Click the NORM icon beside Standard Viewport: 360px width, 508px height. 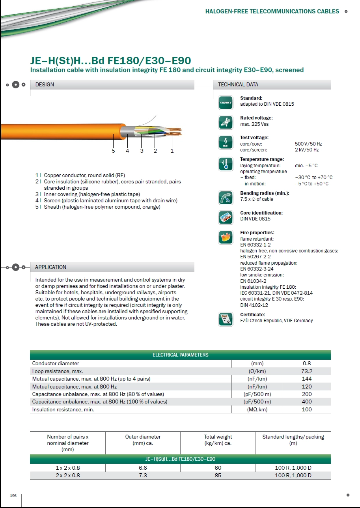226,103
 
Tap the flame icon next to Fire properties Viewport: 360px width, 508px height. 226,237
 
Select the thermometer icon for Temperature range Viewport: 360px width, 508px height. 226,164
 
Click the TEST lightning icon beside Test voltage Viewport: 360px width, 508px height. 226,142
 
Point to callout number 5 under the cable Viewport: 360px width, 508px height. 113,150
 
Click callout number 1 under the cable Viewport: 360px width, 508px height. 172,150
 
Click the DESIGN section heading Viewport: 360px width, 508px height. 45,84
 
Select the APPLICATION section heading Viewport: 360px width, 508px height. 50,267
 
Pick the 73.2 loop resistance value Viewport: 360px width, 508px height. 306,371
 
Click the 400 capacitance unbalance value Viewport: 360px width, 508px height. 306,402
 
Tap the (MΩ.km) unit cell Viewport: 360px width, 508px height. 257,409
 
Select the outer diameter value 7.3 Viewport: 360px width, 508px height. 143,475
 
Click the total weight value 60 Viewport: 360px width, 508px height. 218,468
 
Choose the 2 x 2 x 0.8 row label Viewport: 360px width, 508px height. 68,475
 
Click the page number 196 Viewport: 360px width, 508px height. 13,495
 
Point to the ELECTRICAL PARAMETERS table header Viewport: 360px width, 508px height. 180,355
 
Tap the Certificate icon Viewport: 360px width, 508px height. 226,319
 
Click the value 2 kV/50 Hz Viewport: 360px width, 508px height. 307,150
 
